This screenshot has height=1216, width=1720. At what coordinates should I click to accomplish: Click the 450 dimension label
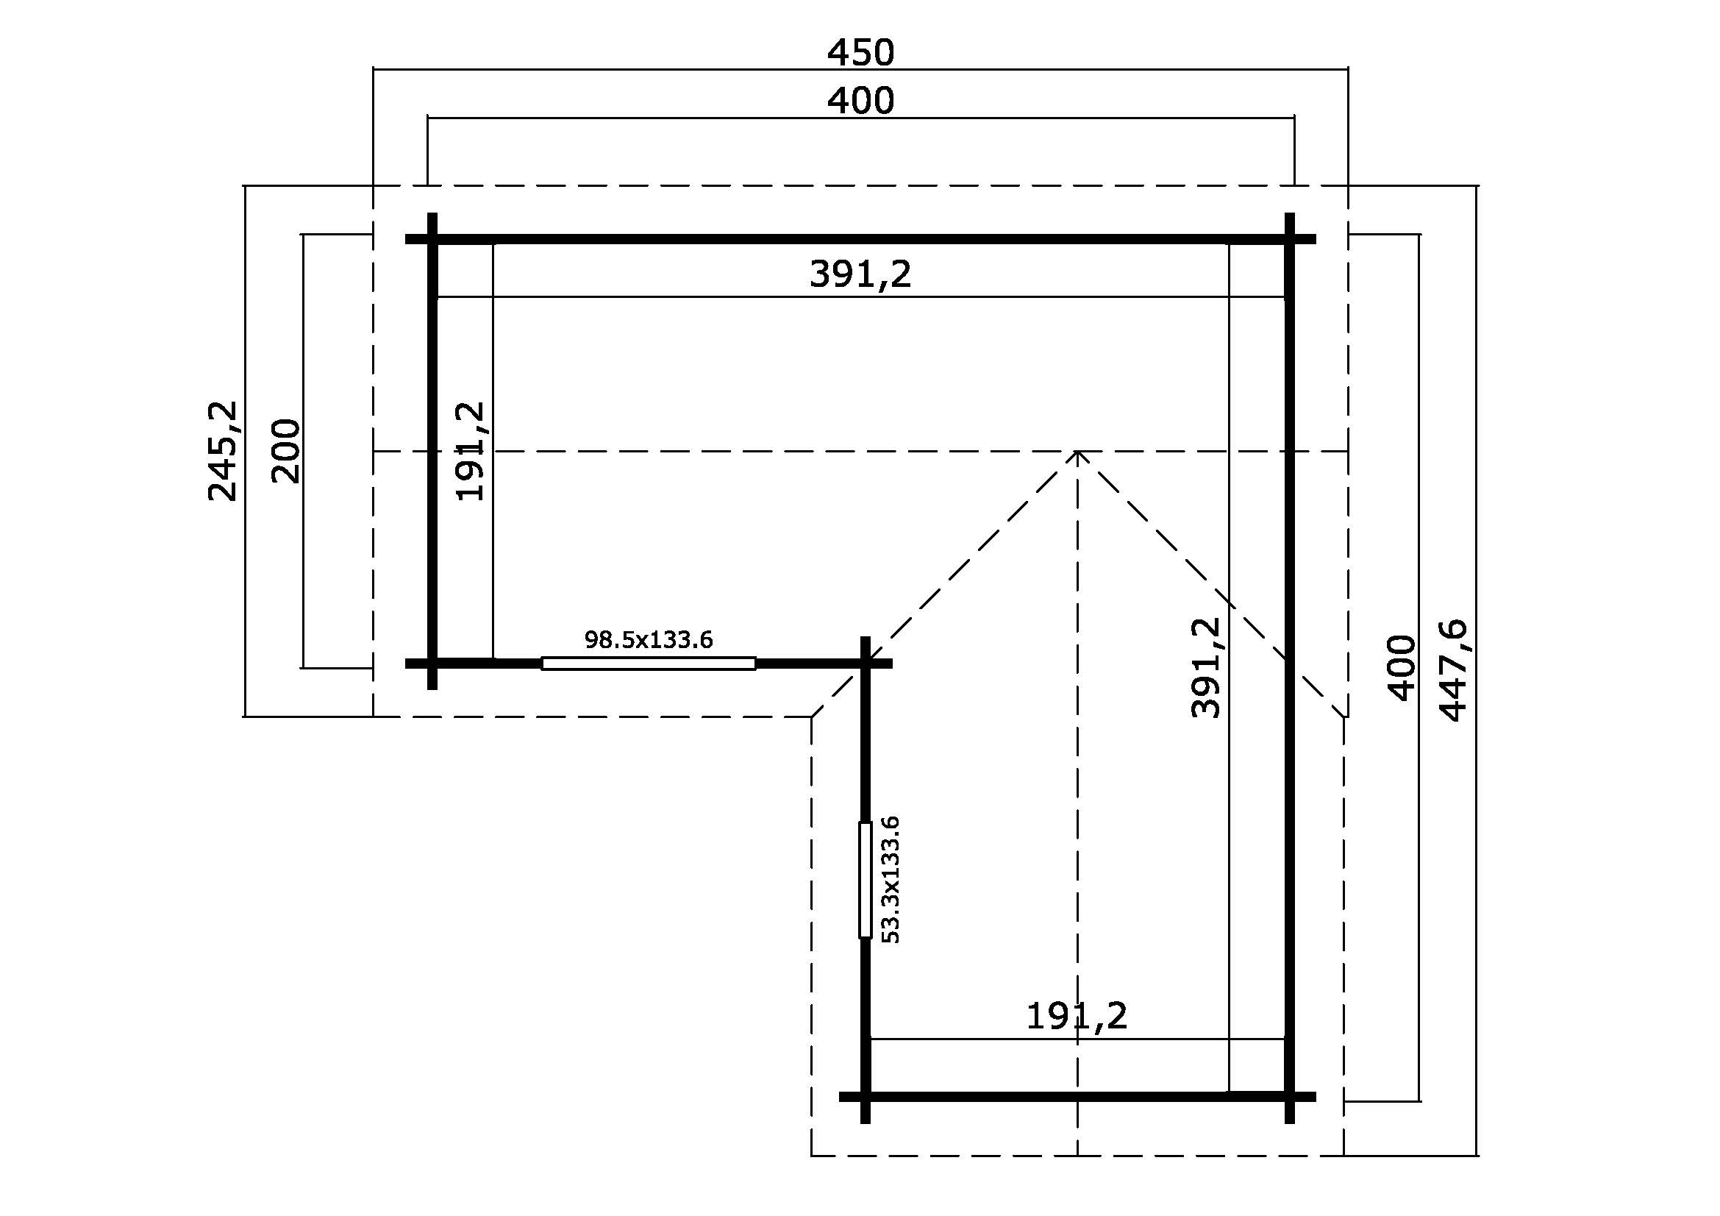coord(860,52)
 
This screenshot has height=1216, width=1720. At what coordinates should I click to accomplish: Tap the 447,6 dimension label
coord(1453,671)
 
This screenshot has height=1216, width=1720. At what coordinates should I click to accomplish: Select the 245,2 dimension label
coord(223,451)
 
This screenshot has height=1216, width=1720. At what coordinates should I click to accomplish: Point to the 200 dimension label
coord(285,451)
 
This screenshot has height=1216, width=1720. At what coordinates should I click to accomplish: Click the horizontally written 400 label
coord(860,100)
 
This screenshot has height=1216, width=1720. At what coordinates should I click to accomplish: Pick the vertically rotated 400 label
coord(1402,667)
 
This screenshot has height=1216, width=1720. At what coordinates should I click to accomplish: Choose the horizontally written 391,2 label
coord(860,274)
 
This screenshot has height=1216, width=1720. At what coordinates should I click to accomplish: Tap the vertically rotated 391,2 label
coord(1205,667)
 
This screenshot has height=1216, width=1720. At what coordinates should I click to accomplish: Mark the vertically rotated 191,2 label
coord(471,451)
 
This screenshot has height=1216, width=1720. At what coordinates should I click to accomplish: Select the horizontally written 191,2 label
coord(1076,1017)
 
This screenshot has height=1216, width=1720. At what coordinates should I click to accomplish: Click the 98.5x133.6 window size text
coord(648,640)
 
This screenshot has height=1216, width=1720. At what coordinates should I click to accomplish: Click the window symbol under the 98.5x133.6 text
coord(648,663)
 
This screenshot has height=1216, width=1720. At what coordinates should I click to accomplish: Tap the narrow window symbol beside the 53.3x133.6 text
coord(866,880)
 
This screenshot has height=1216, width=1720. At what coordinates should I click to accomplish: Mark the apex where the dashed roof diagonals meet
coord(1077,452)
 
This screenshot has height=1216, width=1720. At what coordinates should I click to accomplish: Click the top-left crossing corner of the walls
coord(432,239)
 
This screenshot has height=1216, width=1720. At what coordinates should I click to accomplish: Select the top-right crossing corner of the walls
coord(1289,239)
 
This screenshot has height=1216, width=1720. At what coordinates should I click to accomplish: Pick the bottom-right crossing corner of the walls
coord(1289,1097)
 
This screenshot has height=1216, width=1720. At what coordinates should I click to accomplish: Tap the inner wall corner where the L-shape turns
coord(866,663)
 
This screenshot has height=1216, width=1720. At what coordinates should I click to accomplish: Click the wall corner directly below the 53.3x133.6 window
coord(866,1097)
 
